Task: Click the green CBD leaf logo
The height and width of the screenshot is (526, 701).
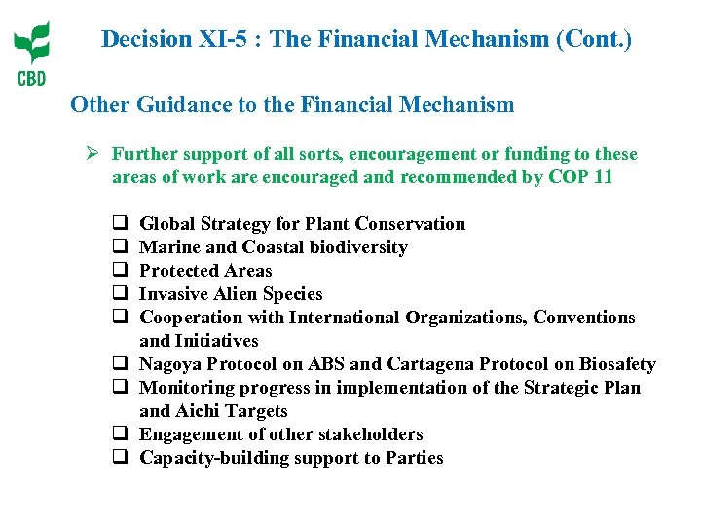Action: [31, 44]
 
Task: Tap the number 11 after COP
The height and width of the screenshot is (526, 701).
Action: [603, 177]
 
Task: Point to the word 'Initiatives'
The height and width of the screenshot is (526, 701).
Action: [219, 341]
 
